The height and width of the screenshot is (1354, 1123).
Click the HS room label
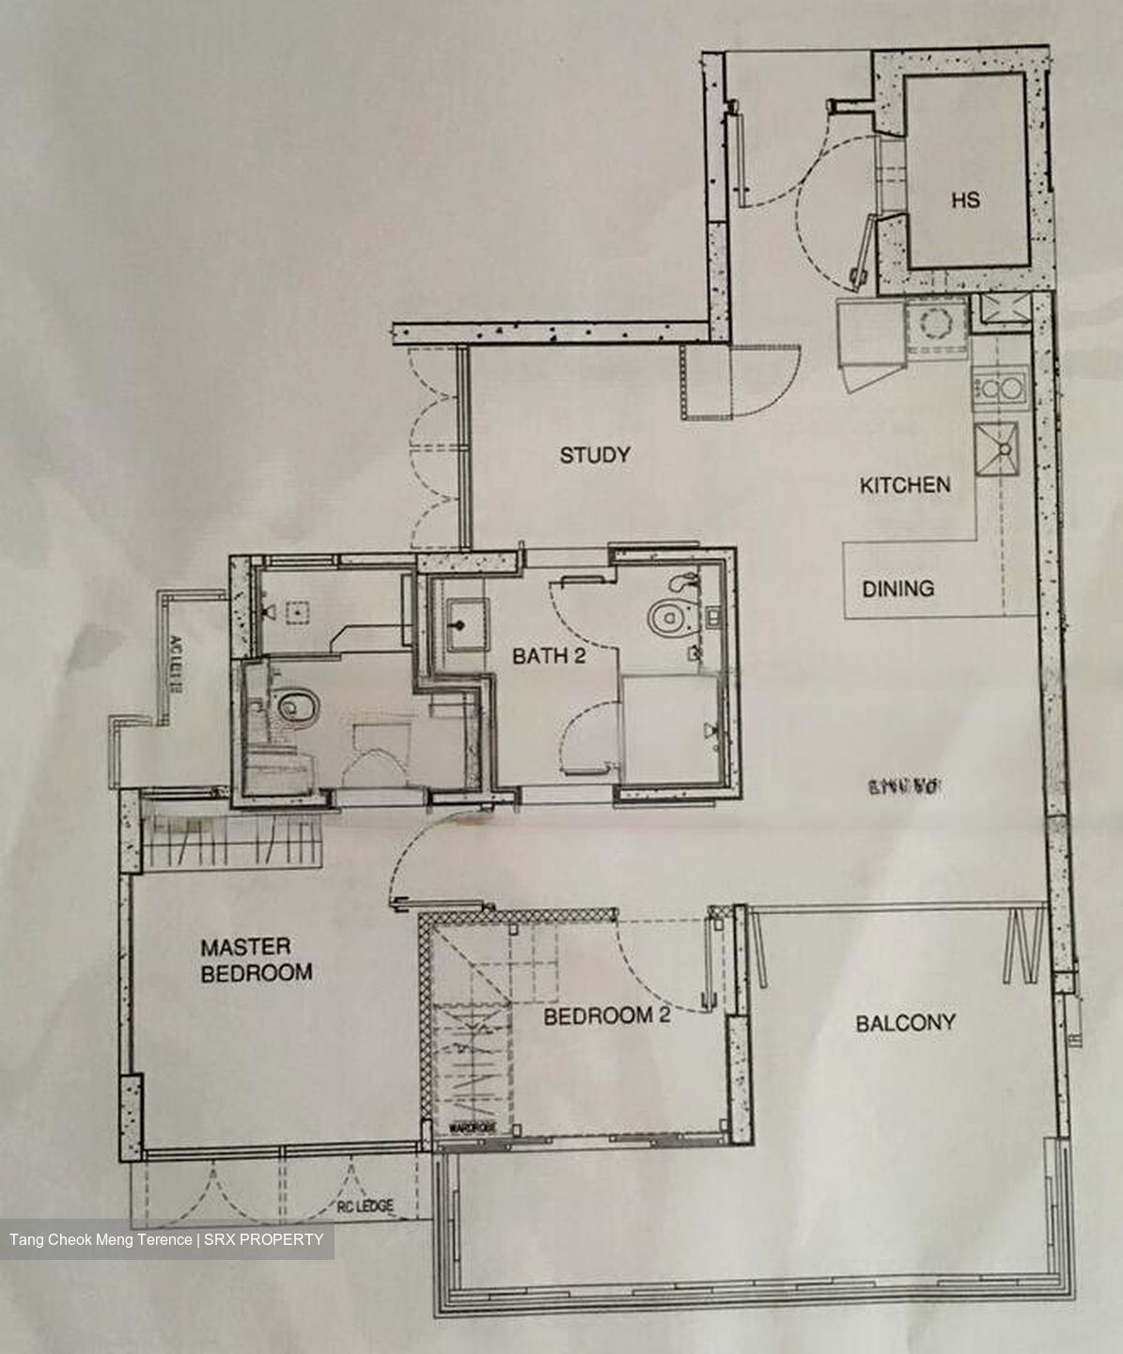click(965, 200)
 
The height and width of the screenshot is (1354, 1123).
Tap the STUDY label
click(595, 456)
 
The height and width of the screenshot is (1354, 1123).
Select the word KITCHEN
click(905, 485)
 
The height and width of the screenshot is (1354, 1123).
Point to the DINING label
click(898, 589)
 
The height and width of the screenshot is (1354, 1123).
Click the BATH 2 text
click(549, 656)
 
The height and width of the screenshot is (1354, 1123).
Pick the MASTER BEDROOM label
click(256, 960)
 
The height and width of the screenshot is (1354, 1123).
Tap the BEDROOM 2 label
click(607, 1016)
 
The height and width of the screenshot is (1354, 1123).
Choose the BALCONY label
click(905, 1023)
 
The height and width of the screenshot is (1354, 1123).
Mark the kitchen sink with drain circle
click(998, 449)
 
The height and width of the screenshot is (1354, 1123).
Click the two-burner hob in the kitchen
click(998, 387)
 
